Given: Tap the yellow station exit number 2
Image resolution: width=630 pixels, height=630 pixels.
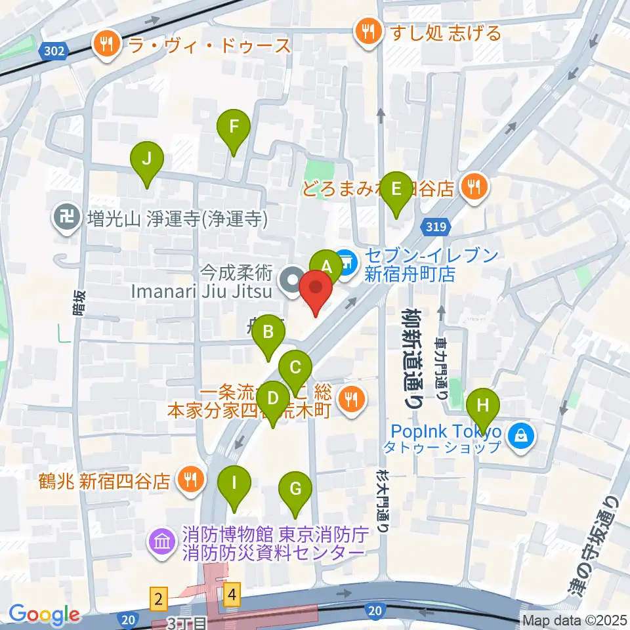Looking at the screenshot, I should (x=157, y=597).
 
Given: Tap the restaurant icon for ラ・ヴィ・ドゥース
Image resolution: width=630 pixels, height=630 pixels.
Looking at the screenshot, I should (x=106, y=45).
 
